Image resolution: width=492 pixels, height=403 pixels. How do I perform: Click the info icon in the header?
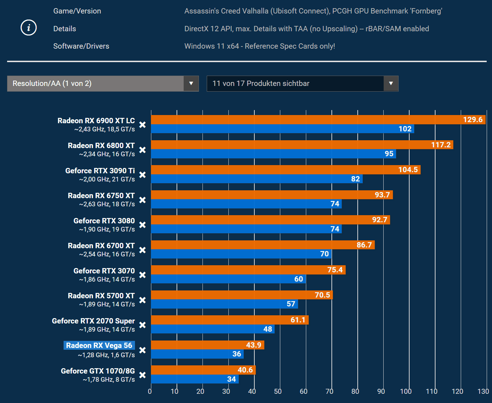pos(29,28)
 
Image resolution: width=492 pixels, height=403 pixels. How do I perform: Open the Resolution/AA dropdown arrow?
pos(191,83)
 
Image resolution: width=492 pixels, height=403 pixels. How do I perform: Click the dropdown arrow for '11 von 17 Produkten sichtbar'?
pos(391,83)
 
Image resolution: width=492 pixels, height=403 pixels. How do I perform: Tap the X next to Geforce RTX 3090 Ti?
pos(142,175)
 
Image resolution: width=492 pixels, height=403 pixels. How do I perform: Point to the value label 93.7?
pos(382,195)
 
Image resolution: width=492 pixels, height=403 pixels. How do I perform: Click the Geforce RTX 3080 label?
pos(104,221)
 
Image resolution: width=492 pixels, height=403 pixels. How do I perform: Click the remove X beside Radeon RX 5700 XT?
pos(142,300)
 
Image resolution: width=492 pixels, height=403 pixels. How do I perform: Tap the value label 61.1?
pos(298,320)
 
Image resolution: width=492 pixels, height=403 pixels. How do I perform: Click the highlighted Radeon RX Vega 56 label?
pos(99,345)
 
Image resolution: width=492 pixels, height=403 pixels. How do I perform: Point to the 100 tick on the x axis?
pos(406,391)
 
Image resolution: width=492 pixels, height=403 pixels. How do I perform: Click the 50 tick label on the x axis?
pos(278,391)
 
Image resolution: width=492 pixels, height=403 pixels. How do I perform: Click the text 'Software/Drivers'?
pos(81,46)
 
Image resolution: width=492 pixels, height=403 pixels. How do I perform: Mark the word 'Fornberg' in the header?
pos(426,11)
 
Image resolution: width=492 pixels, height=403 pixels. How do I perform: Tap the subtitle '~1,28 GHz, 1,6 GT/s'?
pos(106,355)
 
